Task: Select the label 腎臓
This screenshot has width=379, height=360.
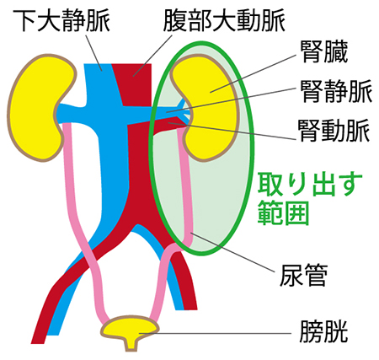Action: tap(324, 51)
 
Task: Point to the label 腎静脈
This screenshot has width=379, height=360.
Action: tap(336, 91)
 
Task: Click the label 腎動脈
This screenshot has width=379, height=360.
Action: tap(334, 131)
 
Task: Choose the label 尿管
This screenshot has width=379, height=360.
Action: tap(303, 275)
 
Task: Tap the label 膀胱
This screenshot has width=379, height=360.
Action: tap(323, 331)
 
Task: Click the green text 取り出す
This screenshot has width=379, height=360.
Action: tap(310, 185)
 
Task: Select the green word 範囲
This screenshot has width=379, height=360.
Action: tap(284, 212)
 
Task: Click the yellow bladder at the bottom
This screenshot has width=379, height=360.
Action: tap(130, 327)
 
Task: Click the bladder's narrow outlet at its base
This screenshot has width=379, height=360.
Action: tap(131, 345)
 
